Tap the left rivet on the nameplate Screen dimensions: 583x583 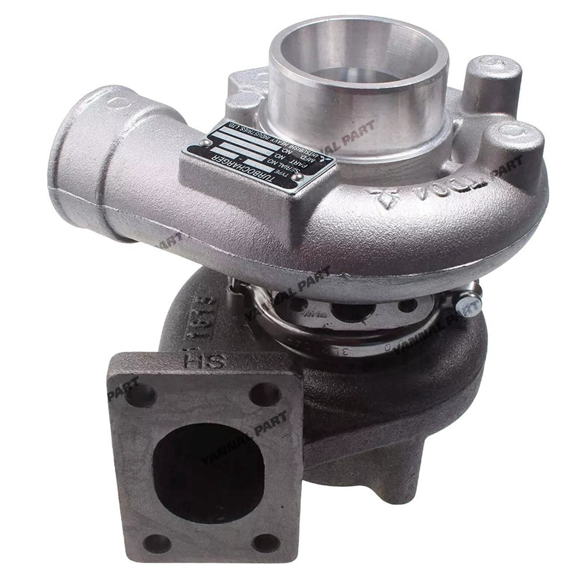[x=204, y=143]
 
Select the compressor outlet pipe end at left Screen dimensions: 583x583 [x=79, y=154]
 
